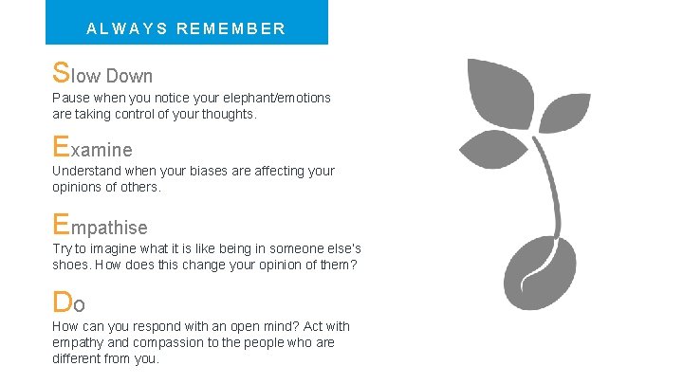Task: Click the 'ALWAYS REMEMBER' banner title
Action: coord(186,28)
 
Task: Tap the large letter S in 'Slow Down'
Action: coord(61,72)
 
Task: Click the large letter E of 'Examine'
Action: coord(61,147)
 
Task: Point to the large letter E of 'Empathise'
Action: coord(61,225)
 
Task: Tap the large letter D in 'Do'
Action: coord(62,302)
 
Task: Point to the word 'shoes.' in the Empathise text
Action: coord(72,265)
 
